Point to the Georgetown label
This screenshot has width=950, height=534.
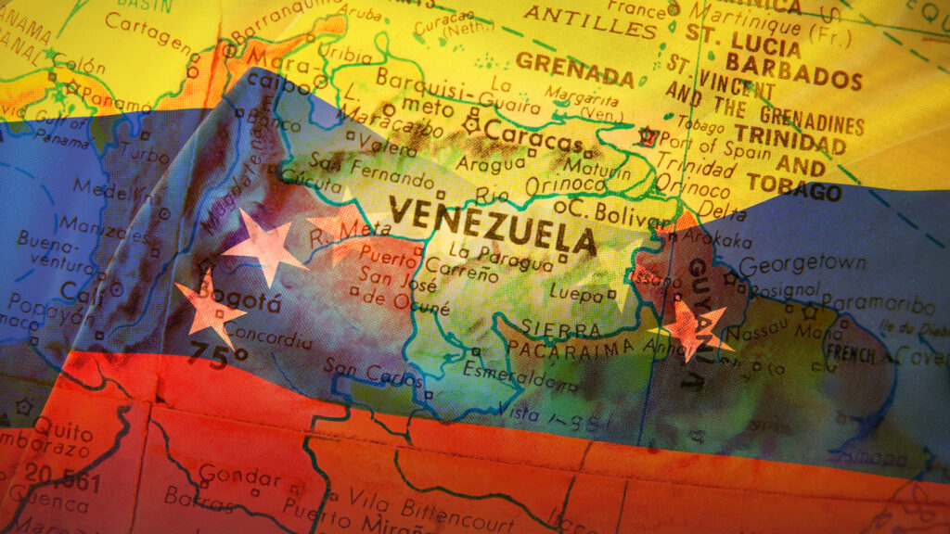tap(802, 264)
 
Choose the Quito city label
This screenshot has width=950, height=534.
tap(63, 430)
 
